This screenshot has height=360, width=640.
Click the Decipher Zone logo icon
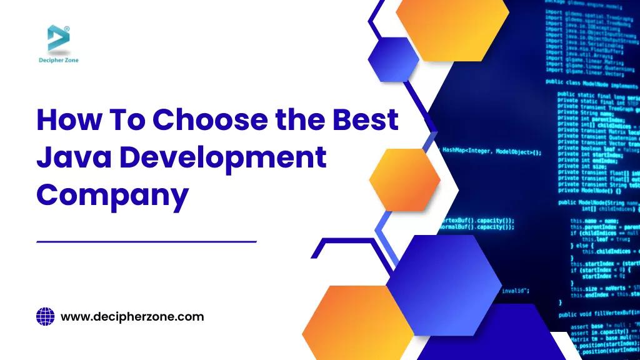tap(58, 38)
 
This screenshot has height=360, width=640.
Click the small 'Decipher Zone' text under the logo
tap(58, 61)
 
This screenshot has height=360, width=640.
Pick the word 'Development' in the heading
tap(223, 157)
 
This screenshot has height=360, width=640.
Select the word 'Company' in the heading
tap(112, 195)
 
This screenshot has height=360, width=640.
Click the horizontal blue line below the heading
tap(147, 241)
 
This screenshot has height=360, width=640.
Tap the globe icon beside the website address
tap(46, 317)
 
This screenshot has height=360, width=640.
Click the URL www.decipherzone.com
tap(132, 317)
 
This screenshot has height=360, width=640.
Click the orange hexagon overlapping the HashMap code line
tap(404, 179)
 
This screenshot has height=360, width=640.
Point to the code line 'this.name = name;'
tap(594, 221)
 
